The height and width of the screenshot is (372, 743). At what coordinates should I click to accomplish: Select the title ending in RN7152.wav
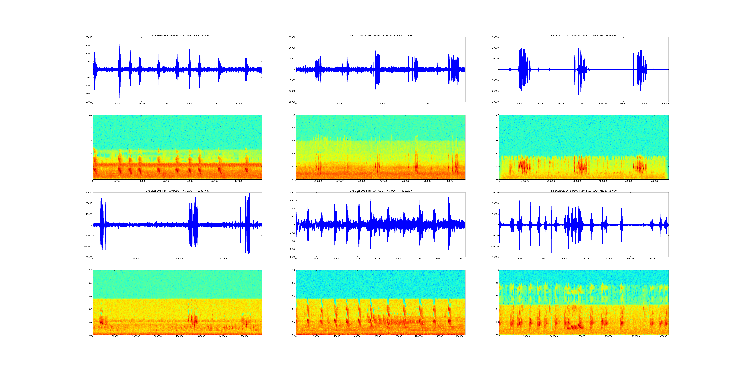pos(380,35)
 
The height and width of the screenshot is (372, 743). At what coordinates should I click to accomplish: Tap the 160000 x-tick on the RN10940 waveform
pos(664,103)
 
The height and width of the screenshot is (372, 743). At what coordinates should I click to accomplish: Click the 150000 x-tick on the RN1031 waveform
pos(223,259)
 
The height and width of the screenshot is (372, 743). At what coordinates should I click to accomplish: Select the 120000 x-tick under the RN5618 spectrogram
pos(239,181)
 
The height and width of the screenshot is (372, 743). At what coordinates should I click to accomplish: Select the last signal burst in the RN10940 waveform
pos(640,69)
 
